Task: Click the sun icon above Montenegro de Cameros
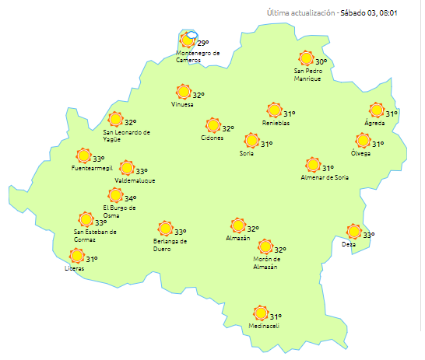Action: [188, 40]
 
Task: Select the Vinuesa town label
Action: [182, 105]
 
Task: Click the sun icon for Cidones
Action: [212, 125]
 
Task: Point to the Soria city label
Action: [246, 154]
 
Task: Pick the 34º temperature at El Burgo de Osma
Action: [130, 198]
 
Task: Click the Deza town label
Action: [349, 245]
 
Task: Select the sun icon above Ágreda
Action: [377, 111]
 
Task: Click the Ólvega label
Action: [360, 153]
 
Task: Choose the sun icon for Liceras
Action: [76, 256]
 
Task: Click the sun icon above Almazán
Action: [237, 225]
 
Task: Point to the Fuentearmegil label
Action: [91, 168]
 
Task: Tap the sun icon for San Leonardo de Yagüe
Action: [115, 119]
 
